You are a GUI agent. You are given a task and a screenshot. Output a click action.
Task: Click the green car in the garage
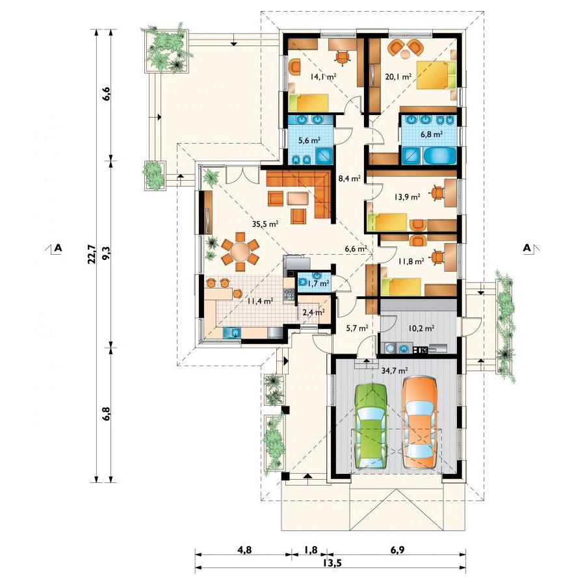coord(371,426)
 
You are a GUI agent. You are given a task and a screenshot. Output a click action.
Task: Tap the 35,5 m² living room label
coord(265,224)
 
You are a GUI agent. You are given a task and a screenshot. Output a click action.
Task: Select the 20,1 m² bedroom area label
coord(398,77)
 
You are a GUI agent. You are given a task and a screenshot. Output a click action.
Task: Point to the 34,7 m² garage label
coord(395,370)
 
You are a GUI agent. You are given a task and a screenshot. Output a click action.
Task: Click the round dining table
coord(240,252)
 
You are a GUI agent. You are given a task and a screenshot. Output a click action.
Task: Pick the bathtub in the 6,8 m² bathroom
coord(439,156)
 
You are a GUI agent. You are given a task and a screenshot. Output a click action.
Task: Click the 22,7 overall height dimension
coord(92,253)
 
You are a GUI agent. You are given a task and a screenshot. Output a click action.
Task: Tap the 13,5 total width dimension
coord(331,563)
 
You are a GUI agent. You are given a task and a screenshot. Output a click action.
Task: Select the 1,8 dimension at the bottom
coord(311,550)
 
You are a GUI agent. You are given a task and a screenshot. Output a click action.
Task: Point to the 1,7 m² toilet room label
coord(318,283)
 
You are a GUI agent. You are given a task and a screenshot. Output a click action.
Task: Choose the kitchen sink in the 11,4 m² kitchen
coord(231,332)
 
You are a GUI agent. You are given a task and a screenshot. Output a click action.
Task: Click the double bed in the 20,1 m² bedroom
coord(435,75)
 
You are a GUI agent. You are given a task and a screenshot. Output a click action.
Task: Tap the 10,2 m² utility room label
coord(421,329)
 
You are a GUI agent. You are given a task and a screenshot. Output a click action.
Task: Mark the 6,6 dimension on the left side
coord(107,94)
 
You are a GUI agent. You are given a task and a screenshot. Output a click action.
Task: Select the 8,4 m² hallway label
coord(349,178)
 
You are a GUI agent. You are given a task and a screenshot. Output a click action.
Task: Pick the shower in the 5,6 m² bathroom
coord(324,156)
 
